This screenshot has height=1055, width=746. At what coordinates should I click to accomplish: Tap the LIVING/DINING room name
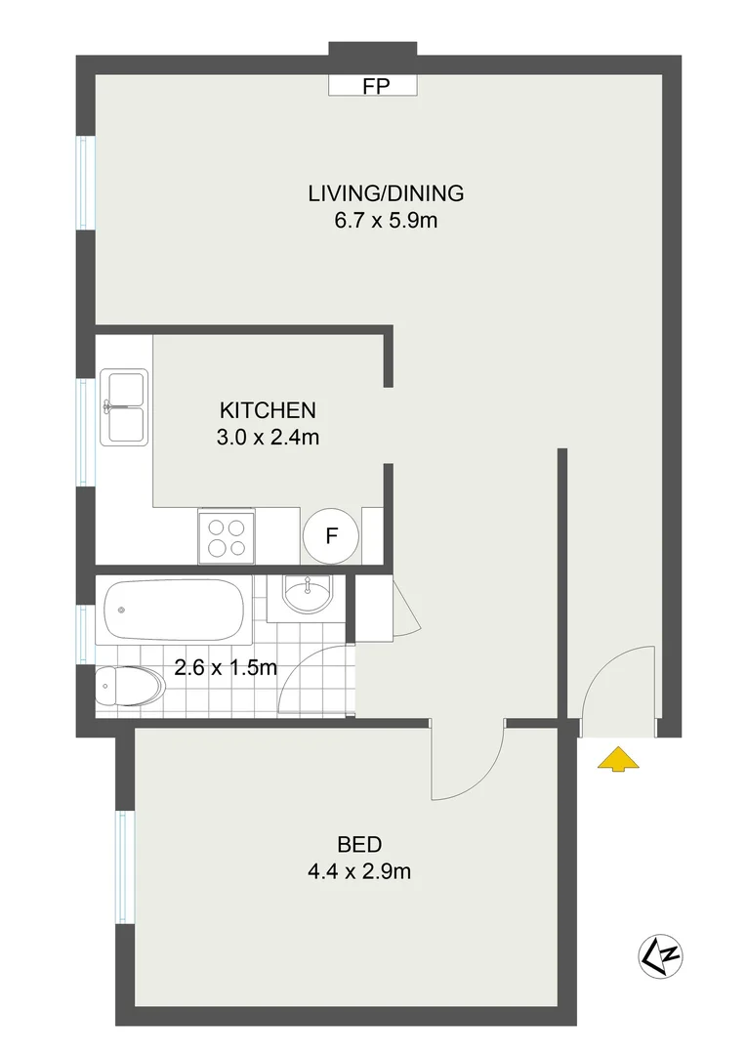tap(386, 192)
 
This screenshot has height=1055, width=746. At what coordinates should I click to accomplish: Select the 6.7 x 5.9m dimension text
tap(386, 221)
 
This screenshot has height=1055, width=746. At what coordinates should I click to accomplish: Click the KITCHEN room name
tap(268, 409)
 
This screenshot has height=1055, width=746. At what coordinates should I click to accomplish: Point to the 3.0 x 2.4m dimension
tap(268, 438)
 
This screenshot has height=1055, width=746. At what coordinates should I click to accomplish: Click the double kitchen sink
tap(123, 407)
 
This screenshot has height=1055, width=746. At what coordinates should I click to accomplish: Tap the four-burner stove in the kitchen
tap(226, 536)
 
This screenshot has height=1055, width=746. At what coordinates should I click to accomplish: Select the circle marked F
tap(332, 536)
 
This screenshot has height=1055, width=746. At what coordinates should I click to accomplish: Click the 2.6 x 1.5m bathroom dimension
tap(226, 669)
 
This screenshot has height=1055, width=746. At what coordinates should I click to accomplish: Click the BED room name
tap(359, 844)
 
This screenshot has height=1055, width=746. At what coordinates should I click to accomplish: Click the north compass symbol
tap(660, 953)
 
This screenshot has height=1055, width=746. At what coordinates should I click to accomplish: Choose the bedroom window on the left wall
tap(124, 866)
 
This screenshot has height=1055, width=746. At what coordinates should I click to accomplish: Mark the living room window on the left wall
tap(86, 184)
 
